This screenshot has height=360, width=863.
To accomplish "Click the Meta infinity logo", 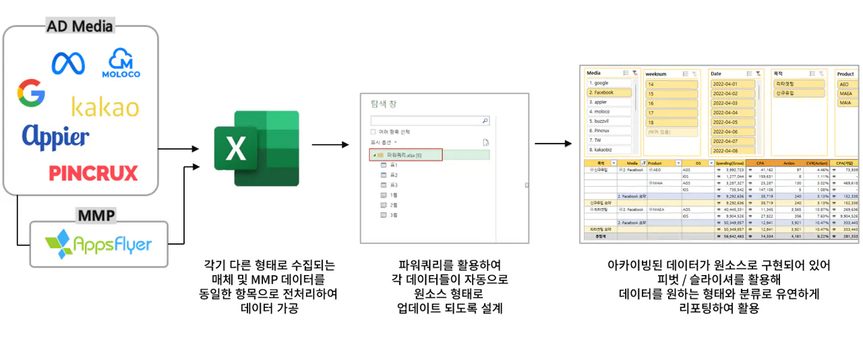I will click(x=69, y=63).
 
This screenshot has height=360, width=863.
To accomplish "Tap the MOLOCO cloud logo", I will click(x=121, y=63).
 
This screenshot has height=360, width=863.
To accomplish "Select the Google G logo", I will click(x=32, y=93).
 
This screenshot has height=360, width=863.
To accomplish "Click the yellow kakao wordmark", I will click(x=105, y=107).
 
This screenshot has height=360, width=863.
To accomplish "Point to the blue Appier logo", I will click(x=55, y=136).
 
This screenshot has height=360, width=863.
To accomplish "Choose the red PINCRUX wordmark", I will click(x=93, y=173).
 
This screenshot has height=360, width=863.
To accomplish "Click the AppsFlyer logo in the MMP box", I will click(x=98, y=244).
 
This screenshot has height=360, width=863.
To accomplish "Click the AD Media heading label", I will click(x=80, y=27).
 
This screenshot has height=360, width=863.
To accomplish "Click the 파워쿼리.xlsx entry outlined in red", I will click(x=406, y=155).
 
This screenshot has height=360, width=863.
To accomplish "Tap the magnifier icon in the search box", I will click(x=485, y=121).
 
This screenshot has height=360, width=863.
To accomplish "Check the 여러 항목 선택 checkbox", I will click(x=374, y=131).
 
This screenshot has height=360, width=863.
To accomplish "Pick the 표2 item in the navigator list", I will click(x=394, y=175).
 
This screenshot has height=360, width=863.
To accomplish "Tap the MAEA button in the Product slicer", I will click(x=845, y=94).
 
